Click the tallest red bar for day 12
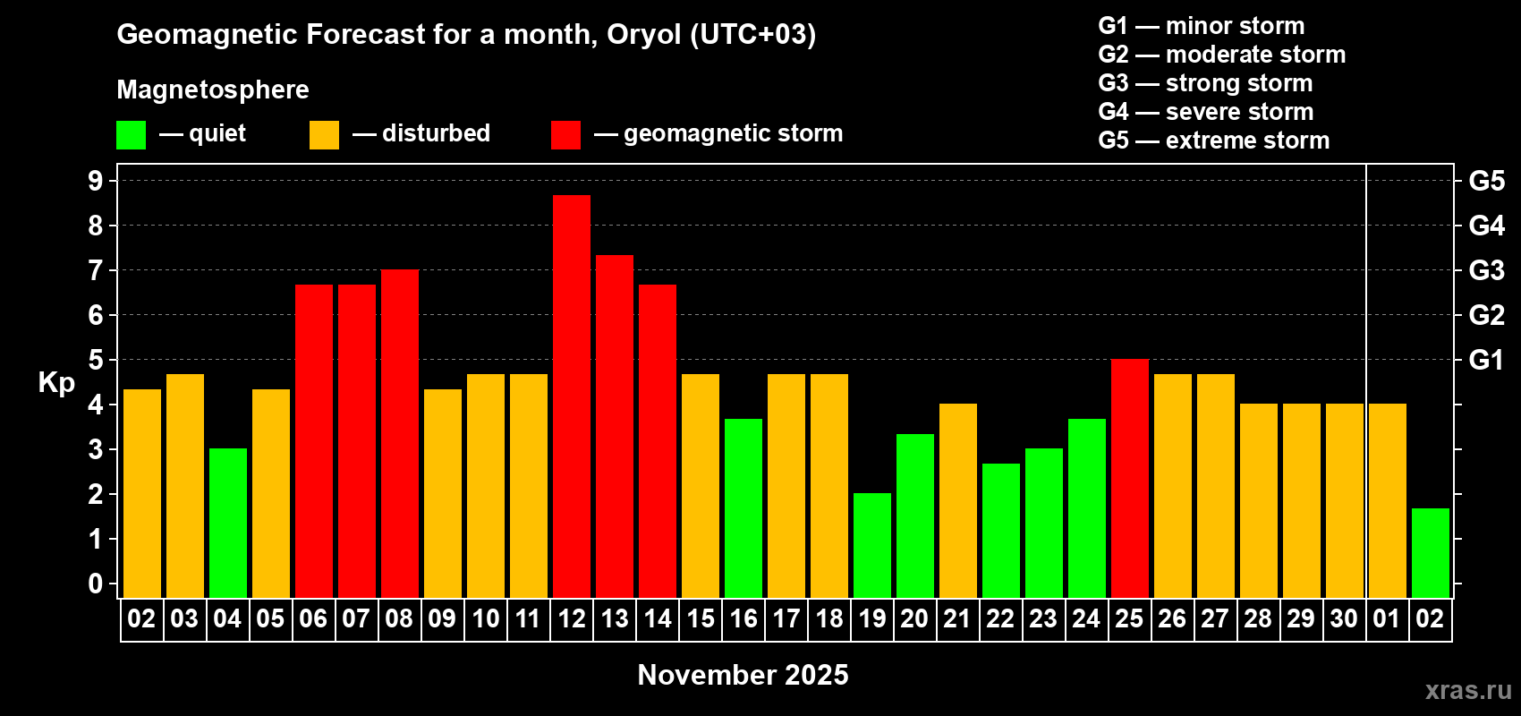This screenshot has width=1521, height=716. coord(571,396)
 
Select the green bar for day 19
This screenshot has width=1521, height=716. coord(871,545)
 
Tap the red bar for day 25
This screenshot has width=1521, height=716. coord(1130,478)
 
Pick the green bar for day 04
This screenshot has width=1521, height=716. coord(228,523)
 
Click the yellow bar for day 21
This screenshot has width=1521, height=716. coord(958,500)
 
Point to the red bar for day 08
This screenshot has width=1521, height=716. coord(400,433)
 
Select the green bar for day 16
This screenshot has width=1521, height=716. coord(744,508)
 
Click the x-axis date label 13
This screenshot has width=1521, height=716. coord(615,618)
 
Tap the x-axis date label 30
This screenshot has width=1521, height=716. coord(1344,618)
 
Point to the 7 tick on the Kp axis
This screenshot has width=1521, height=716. coord(95,270)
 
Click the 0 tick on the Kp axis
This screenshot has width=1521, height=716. coord(95,584)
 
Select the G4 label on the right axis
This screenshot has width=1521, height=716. coord(1487,226)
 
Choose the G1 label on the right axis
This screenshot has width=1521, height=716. coord(1487,360)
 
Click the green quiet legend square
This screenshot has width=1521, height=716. coord(131,134)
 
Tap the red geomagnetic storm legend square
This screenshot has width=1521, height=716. coord(566,134)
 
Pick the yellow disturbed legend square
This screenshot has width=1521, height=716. coord(325,134)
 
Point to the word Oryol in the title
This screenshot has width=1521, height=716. coord(643,34)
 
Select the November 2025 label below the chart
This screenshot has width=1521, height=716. coord(743,675)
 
